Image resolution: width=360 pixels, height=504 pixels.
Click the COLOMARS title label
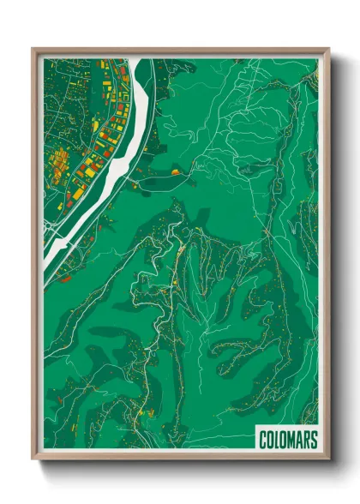288,441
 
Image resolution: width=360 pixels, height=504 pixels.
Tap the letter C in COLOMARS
264,441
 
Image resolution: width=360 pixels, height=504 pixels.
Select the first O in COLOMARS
271,441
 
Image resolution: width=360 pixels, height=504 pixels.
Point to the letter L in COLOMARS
278,441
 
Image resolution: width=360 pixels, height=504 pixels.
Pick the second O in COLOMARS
284,441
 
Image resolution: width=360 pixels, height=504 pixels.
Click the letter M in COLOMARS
291,441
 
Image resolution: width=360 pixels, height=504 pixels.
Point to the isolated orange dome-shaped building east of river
176,171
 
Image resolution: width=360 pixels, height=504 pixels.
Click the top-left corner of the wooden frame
33,50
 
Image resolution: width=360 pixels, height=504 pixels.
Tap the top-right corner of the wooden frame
327,50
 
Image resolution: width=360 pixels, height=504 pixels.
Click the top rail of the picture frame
180,51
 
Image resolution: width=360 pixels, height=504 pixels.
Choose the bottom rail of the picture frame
180,458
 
